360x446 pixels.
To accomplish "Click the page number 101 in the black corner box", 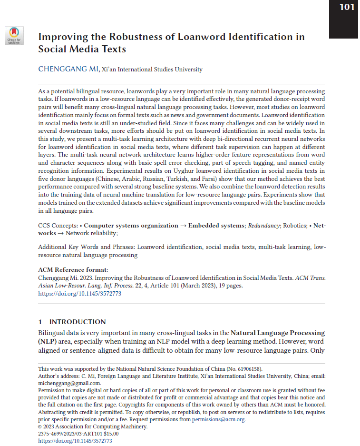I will [x=346, y=8].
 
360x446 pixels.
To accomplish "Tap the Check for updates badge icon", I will [x=14, y=35].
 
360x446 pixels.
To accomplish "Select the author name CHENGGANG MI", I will [x=68, y=69].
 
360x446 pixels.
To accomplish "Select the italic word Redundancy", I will [x=264, y=225].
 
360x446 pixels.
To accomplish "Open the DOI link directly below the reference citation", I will [x=79, y=294].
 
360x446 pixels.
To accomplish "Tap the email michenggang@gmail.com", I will [x=69, y=383].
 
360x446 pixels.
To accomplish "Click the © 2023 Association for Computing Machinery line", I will [x=93, y=427].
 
